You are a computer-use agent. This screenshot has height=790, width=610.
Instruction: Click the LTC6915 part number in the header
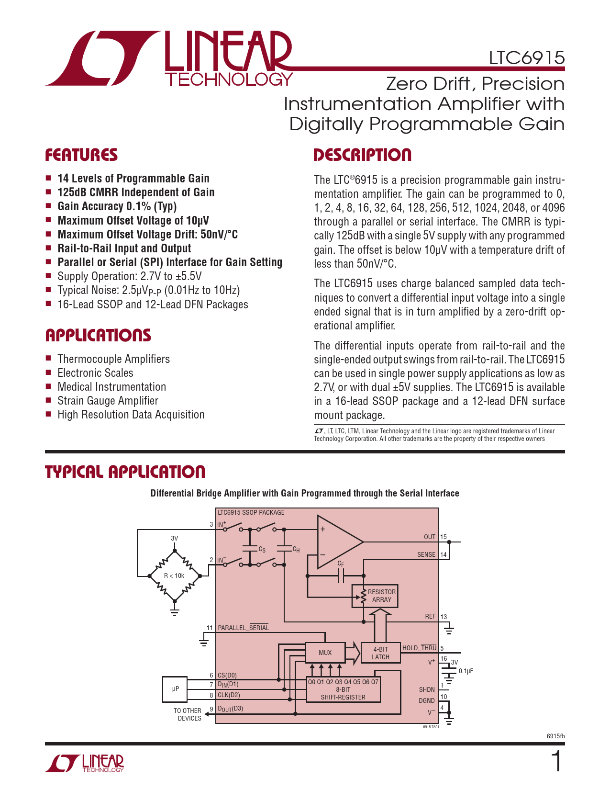click(526, 58)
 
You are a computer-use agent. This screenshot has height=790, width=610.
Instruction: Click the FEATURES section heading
click(81, 155)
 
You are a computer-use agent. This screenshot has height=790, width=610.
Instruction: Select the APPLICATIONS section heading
click(98, 335)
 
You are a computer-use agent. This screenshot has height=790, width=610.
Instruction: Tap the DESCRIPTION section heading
click(362, 155)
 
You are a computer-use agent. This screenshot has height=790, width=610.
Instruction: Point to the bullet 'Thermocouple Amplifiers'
click(113, 359)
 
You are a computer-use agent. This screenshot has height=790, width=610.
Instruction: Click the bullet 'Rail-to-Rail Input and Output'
click(124, 248)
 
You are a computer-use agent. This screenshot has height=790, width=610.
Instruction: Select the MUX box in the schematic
click(325, 653)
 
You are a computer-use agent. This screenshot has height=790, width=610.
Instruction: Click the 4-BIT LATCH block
click(380, 653)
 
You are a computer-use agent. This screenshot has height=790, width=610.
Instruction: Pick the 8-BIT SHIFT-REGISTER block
click(343, 690)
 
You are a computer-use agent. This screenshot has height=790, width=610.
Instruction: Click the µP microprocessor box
click(175, 689)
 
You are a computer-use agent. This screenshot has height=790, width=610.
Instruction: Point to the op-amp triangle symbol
click(337, 542)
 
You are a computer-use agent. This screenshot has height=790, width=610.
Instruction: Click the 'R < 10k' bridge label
click(174, 576)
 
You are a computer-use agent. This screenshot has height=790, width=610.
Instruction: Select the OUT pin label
click(429, 537)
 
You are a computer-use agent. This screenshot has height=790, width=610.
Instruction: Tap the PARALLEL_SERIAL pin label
click(243, 628)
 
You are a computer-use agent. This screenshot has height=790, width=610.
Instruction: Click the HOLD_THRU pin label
click(419, 648)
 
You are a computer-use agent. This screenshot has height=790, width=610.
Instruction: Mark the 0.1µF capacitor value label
click(466, 671)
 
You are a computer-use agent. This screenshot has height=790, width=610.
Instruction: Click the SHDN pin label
click(427, 689)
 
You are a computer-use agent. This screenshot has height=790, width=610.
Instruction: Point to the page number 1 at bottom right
click(556, 762)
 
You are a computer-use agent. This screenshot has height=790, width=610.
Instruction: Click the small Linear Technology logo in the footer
click(85, 763)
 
